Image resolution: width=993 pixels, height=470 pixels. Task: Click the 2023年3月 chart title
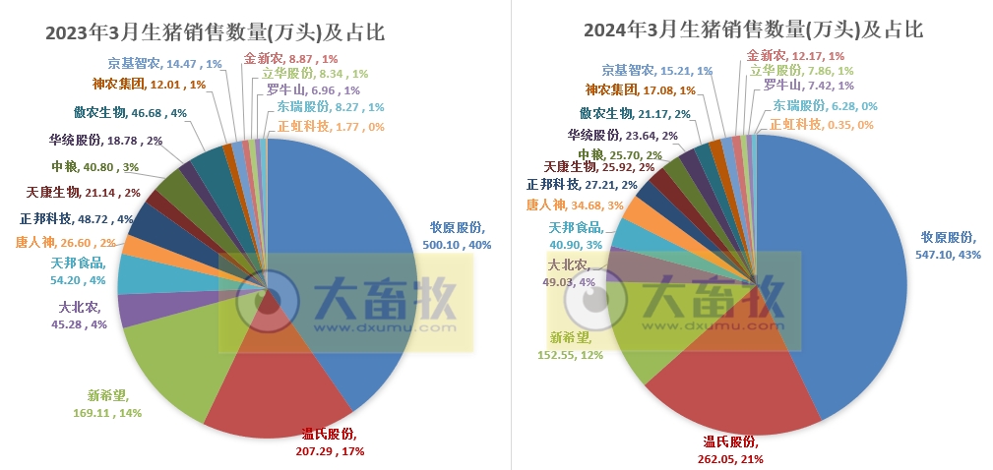pyautogui.click(x=215, y=32)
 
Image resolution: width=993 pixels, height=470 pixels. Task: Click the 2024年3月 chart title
pyautogui.click(x=753, y=30)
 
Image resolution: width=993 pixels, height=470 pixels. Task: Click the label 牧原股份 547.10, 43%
pyautogui.click(x=947, y=245)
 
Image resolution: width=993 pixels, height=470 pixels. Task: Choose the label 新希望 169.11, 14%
pyautogui.click(x=114, y=404)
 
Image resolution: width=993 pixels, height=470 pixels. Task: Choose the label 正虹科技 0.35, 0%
pyautogui.click(x=821, y=125)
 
